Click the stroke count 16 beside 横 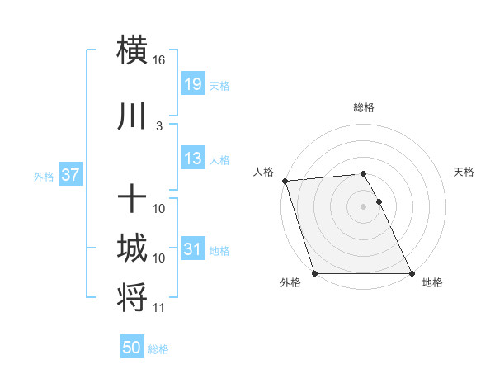159,61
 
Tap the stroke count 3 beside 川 158,126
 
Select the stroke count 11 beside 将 159,309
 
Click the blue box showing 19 192,83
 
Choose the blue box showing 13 192,159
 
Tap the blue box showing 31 192,249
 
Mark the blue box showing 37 70,175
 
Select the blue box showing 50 132,348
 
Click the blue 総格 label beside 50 158,349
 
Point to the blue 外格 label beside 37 44,176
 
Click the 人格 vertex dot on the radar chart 285,181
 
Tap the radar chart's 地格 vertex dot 412,273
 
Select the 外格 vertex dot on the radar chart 314,273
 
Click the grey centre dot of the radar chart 363,206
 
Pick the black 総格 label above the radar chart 363,107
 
